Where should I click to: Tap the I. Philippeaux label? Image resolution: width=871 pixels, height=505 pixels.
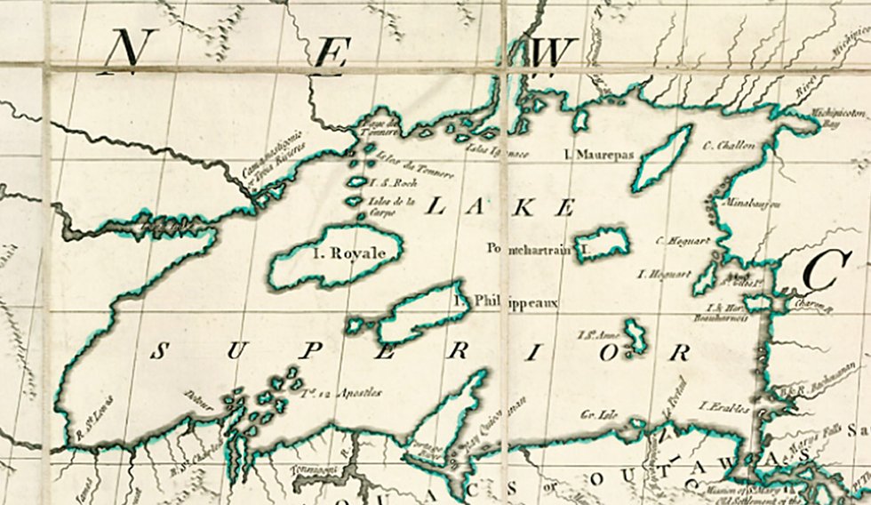[505, 302]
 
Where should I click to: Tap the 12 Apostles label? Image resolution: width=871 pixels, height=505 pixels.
[341, 391]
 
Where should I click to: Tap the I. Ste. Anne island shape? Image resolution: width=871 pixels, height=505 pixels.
[635, 337]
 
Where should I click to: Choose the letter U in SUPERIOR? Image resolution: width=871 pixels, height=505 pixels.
[234, 351]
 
